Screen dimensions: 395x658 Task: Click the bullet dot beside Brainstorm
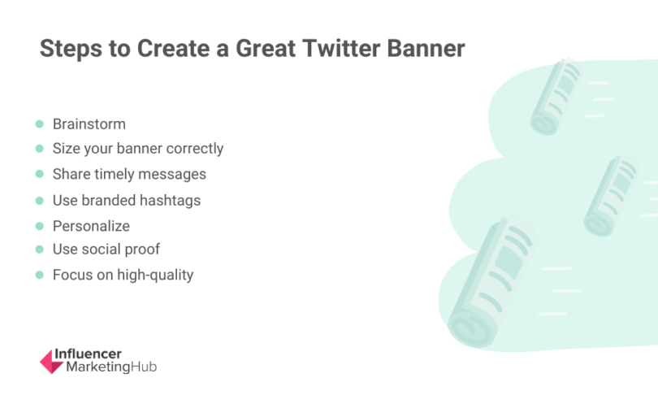[x=39, y=124]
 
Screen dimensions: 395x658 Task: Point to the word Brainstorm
[x=89, y=124]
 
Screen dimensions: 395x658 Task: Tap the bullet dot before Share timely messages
[x=39, y=175]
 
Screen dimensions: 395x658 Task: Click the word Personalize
[x=91, y=226]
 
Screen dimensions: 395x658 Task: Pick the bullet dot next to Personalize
[x=39, y=226]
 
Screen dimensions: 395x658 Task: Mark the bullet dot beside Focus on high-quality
[x=39, y=275]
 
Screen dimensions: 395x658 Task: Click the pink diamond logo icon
[x=51, y=361]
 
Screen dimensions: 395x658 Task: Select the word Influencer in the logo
[x=87, y=354]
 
